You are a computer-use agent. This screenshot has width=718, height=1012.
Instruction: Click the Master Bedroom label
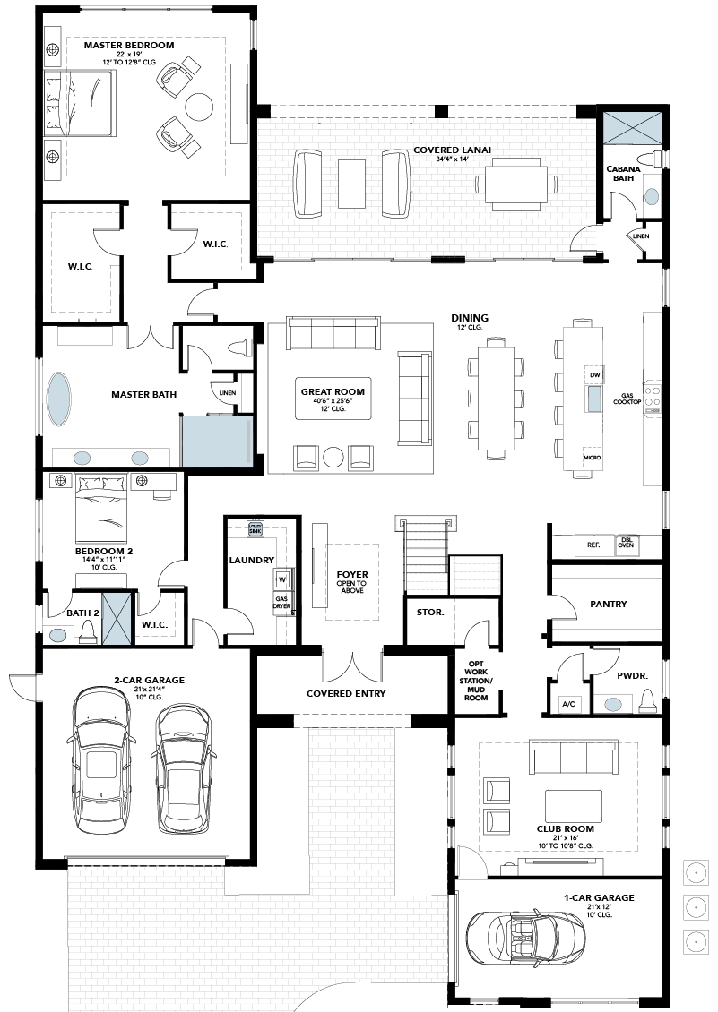pos(128,46)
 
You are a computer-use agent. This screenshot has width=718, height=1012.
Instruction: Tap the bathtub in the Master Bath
pos(59,399)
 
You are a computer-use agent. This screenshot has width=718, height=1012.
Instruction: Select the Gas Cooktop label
pos(627,399)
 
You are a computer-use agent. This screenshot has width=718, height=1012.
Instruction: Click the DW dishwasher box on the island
pos(594,374)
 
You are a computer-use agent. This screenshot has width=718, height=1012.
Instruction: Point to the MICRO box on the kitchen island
pos(592,457)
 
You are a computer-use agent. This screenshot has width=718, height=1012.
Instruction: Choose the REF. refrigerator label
pos(593,545)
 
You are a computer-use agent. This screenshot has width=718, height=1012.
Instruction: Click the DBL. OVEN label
pos(627,542)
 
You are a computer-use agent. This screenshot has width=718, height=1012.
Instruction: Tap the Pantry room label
pos(608,605)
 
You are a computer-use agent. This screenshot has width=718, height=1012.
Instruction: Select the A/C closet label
pos(568,704)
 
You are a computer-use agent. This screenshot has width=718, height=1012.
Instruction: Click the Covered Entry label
pos(346,694)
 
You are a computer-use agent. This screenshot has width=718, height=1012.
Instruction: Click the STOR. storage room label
pos(429,612)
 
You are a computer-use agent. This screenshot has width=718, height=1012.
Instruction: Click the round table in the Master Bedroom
pos(199,107)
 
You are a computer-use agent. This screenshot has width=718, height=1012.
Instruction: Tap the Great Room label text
pos(333,391)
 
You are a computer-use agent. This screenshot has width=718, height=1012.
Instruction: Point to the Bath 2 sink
pos(57,636)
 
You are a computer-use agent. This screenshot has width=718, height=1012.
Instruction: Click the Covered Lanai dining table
pos(515,184)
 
